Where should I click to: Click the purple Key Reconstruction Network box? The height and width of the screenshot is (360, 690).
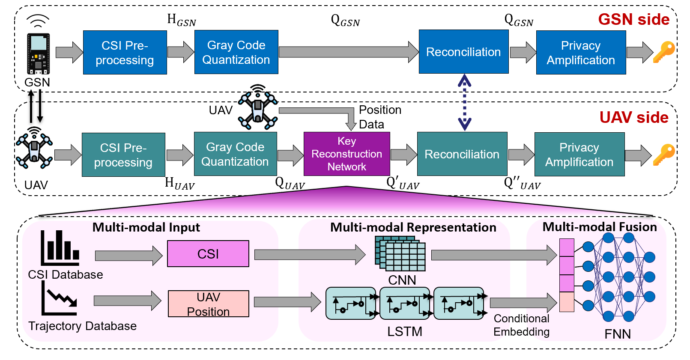pos(346,154)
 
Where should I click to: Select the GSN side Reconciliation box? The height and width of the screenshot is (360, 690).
pos(463,52)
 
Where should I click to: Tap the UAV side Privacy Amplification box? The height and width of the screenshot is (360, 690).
pos(579,154)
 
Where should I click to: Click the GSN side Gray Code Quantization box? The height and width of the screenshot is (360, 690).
pos(236,52)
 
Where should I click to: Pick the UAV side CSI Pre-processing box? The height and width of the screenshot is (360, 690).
pos(123,155)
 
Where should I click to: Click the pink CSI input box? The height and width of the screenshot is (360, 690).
pos(208,254)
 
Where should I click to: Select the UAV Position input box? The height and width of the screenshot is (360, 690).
pos(208,304)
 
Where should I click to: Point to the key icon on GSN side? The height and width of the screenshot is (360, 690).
pos(663,52)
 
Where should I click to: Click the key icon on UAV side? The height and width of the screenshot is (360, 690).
pos(663,155)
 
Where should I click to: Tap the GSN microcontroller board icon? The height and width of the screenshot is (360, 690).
pos(39,54)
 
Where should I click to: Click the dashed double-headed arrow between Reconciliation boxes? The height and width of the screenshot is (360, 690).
pos(464,103)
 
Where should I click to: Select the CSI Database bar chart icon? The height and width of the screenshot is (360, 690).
pos(60,248)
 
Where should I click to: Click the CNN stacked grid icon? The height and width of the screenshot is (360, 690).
pos(400,253)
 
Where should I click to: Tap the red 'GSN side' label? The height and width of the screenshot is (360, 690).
pos(633,20)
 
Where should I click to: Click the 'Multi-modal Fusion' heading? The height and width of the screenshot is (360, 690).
pos(599,227)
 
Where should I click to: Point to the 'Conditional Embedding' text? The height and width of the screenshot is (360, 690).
pos(521,325)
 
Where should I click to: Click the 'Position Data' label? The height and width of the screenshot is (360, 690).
pos(380,117)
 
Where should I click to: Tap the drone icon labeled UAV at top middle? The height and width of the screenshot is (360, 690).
pos(258,108)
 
